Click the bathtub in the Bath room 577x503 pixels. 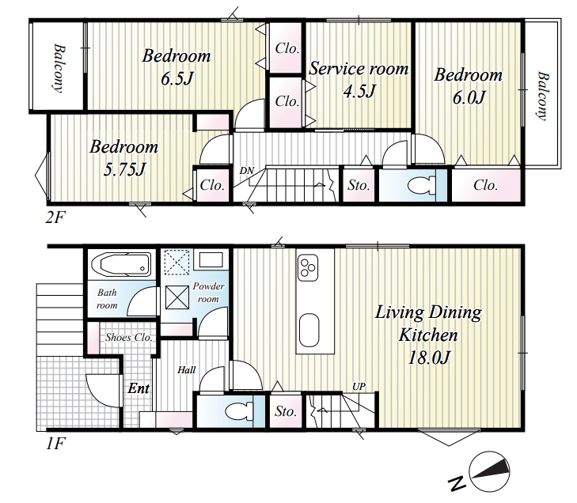(x=120, y=264)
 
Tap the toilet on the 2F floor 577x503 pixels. (x=422, y=185)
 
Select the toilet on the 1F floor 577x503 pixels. (x=239, y=411)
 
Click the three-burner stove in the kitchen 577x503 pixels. (x=308, y=267)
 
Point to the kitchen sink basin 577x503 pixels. (x=309, y=330)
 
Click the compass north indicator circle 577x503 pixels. (x=489, y=471)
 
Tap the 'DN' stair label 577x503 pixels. (x=246, y=171)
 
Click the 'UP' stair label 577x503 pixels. (x=359, y=387)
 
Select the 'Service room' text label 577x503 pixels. (x=359, y=69)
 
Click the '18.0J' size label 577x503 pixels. (x=429, y=357)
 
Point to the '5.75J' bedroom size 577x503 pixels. (x=124, y=169)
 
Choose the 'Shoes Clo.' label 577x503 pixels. (x=129, y=337)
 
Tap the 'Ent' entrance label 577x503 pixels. (x=139, y=388)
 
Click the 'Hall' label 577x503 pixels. (x=186, y=370)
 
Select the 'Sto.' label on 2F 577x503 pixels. (x=359, y=185)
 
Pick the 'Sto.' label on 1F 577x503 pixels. (x=286, y=411)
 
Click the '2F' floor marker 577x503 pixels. (x=55, y=217)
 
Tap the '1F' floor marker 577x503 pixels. (x=55, y=444)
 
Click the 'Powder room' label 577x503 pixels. (x=208, y=293)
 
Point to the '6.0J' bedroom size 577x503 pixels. (x=469, y=97)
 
